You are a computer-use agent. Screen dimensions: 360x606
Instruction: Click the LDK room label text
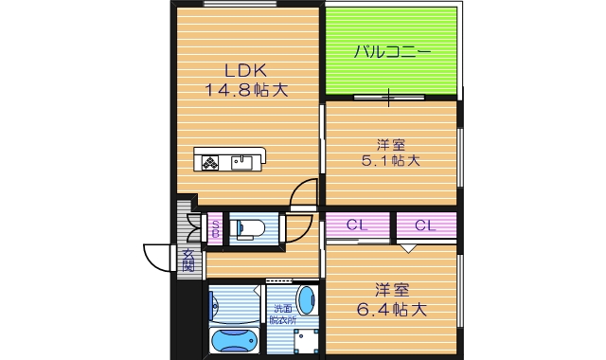pos(244,70)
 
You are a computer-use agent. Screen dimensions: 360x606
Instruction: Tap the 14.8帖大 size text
pos(244,90)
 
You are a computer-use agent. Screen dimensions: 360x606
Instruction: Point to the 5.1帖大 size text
pos(390,160)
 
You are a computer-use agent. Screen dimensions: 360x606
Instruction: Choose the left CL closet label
pos(357,225)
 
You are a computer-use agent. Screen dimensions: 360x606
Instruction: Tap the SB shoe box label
pos(215,227)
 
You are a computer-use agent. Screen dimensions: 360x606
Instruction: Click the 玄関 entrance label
pos(189,258)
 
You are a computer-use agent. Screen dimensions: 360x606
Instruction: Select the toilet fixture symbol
pos(251,228)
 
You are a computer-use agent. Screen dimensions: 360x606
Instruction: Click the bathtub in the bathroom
pos(233,339)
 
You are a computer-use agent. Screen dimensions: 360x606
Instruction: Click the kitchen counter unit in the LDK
pos(232,160)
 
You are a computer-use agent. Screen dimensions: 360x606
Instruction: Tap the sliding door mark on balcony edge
pos(389,97)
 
